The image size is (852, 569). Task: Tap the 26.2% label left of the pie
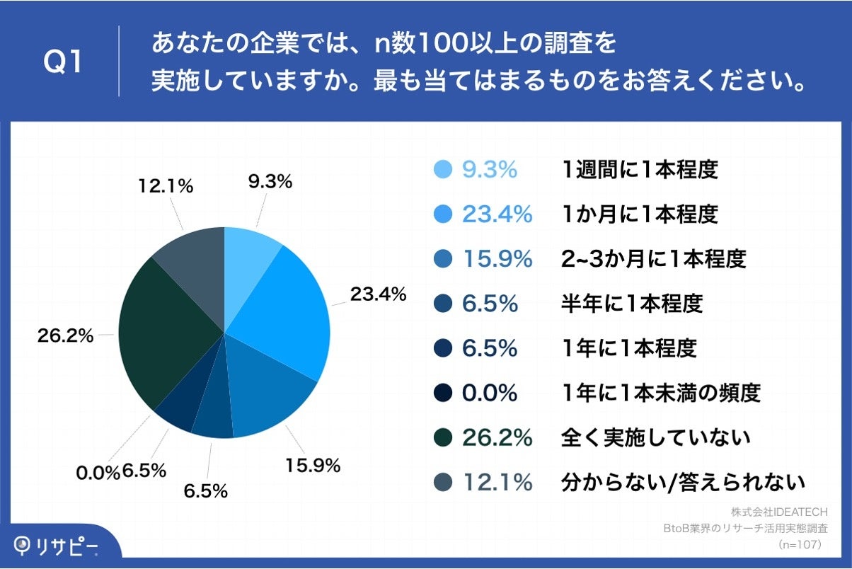click(65, 336)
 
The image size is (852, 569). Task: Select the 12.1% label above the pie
click(166, 186)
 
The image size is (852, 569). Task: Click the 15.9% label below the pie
click(313, 465)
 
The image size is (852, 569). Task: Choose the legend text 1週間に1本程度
click(639, 170)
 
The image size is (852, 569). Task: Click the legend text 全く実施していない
click(655, 438)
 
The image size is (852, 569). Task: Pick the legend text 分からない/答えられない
click(682, 483)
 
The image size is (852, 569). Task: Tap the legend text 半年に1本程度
click(631, 304)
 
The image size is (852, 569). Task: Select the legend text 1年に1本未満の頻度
click(660, 393)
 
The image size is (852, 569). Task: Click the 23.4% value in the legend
click(497, 214)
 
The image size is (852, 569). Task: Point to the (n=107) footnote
click(798, 545)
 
